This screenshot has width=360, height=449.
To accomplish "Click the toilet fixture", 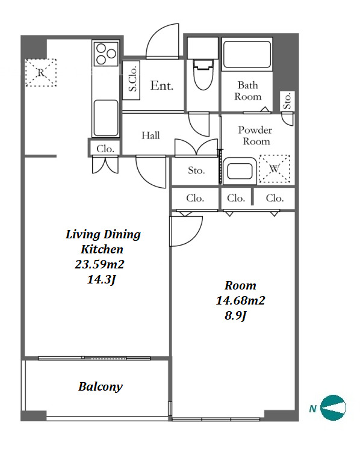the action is (x=203, y=74).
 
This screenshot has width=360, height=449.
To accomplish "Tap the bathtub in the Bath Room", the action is (x=247, y=54).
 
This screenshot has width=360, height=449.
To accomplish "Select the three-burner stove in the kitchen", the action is (x=106, y=53).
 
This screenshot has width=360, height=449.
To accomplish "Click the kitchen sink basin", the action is (x=106, y=117).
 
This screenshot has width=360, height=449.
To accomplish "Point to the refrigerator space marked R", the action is (x=41, y=72).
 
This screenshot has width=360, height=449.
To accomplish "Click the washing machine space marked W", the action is (x=275, y=169).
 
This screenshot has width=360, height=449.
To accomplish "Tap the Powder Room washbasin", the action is (x=240, y=171).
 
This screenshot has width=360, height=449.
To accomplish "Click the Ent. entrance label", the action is (x=162, y=85).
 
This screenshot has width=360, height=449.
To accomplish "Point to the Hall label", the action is (x=151, y=135).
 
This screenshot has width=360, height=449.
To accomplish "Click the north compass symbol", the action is (x=333, y=407).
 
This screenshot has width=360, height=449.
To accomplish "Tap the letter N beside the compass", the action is (x=312, y=409).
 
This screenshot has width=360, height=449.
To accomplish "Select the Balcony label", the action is (x=101, y=387).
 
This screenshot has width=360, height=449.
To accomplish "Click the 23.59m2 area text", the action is (x=99, y=264).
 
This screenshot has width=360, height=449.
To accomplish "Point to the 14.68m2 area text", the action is (x=241, y=300).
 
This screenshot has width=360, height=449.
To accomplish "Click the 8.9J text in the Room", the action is (x=235, y=316).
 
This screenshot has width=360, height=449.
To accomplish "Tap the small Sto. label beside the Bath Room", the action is (x=287, y=101).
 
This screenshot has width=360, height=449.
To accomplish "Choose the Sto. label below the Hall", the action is (x=196, y=170).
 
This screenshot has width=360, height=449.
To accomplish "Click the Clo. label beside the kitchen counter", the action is (x=105, y=149).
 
